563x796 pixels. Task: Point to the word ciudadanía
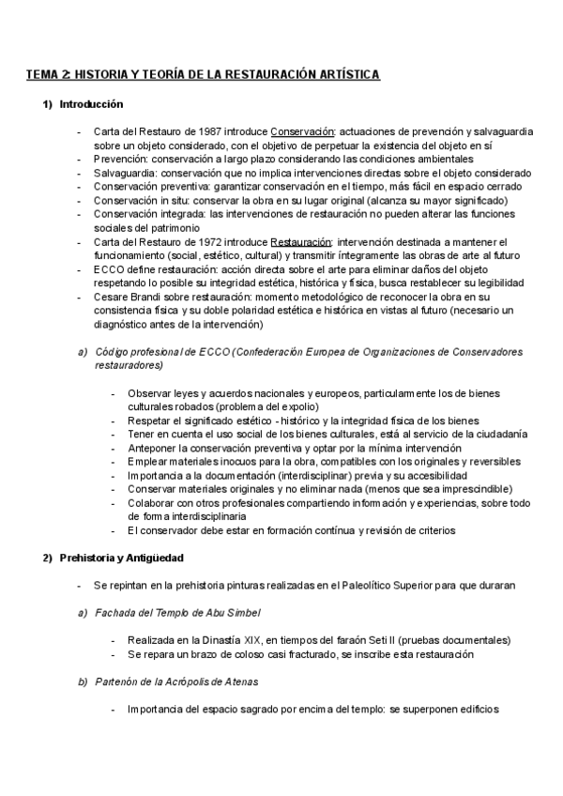(x=498, y=435)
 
